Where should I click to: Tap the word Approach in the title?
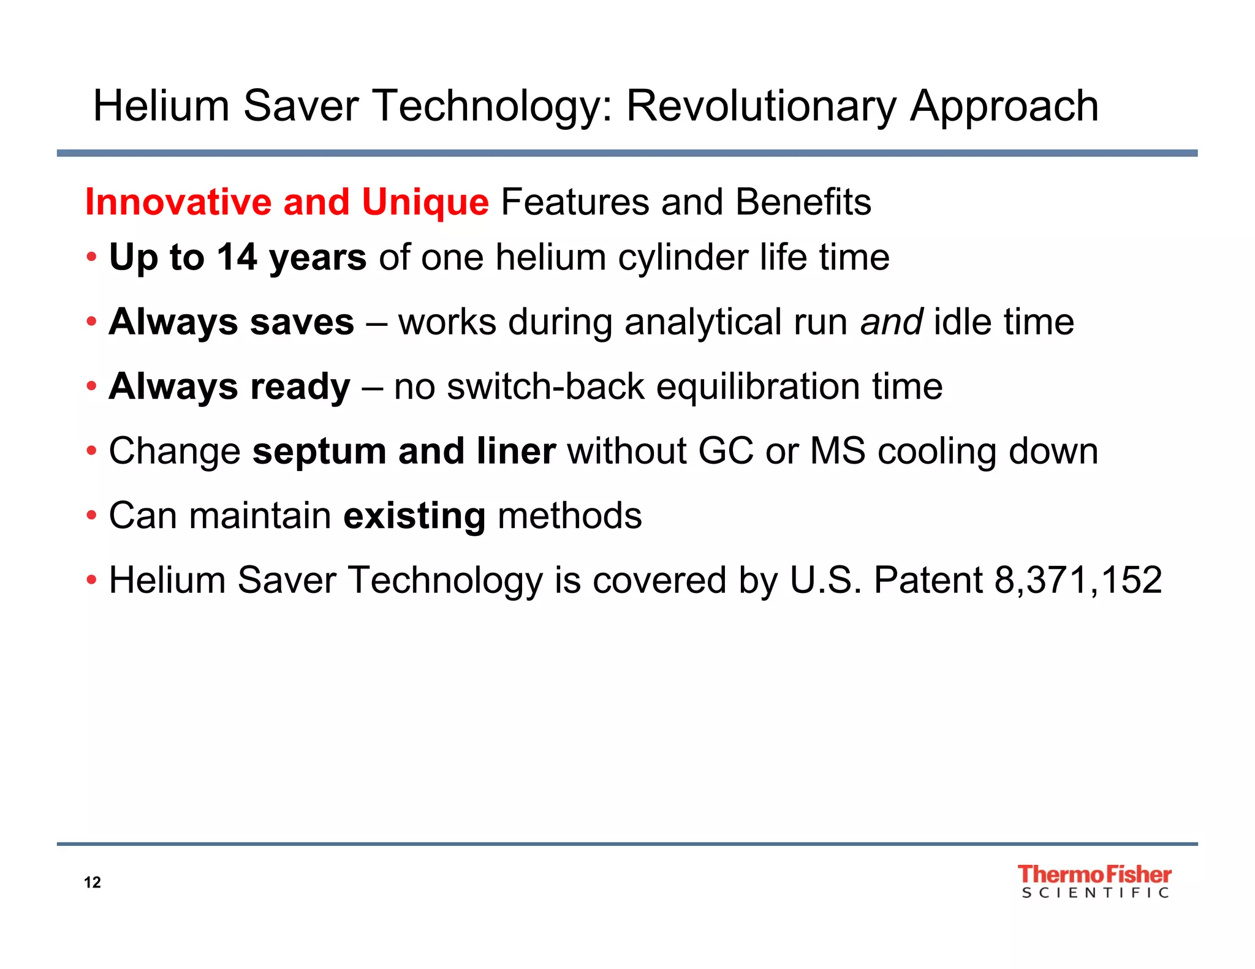click(x=1004, y=106)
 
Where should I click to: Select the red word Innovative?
click(x=178, y=202)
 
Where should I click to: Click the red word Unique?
click(x=425, y=202)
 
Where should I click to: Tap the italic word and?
click(x=892, y=322)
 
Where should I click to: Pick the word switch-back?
click(x=545, y=386)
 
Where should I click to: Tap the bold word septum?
click(x=319, y=451)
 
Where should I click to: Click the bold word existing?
click(x=414, y=516)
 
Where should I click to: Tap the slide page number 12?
click(x=92, y=882)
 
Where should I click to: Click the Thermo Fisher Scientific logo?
click(x=1094, y=881)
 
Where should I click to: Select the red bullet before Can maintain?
click(x=91, y=516)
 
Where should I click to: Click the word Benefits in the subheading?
click(x=803, y=202)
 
